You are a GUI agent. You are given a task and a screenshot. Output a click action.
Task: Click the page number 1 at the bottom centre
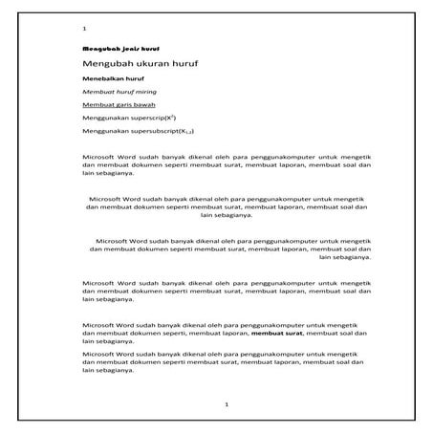[x=225, y=404]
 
